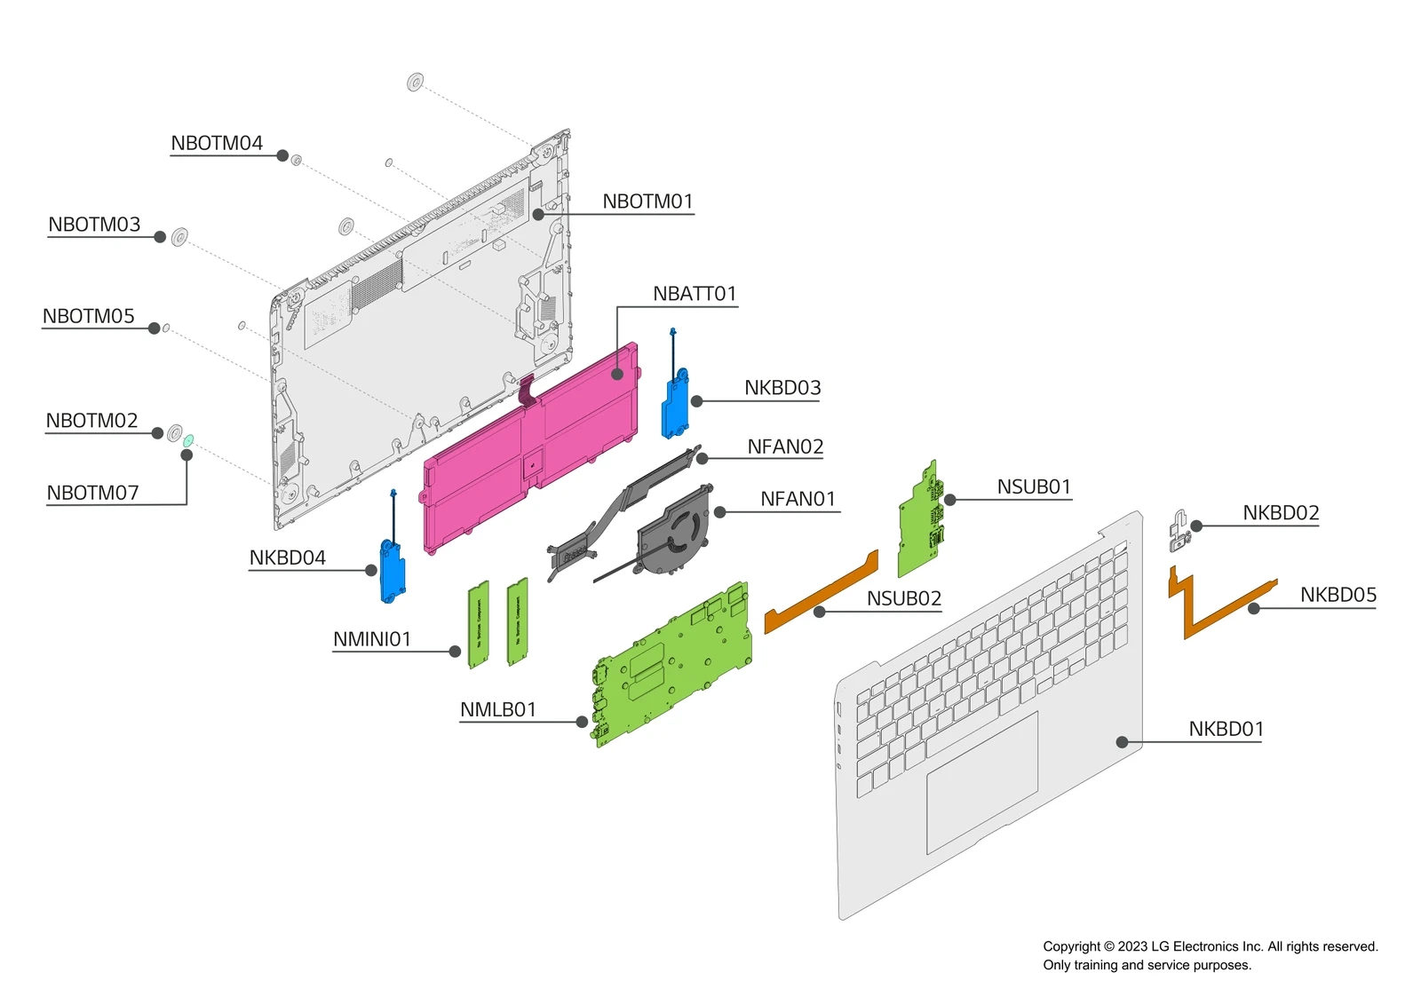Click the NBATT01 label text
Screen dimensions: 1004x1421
pos(694,294)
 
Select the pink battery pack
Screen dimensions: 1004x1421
pos(533,444)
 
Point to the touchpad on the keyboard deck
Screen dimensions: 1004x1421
pos(981,781)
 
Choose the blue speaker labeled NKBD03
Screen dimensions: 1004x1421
pos(675,404)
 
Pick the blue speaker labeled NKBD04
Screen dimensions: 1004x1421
pos(392,569)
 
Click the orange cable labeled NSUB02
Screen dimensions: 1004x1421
pos(822,595)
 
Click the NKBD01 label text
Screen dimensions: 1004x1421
pos(1226,729)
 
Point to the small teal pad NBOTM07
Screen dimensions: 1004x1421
pos(188,440)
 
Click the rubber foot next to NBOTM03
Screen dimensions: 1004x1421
pos(179,237)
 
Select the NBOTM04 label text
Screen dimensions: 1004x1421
pos(217,143)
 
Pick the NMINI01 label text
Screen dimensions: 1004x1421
pos(371,639)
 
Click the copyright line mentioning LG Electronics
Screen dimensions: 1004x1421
pos(1210,946)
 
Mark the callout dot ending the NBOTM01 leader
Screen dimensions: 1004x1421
pos(538,214)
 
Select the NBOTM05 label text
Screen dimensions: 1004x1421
pos(88,316)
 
